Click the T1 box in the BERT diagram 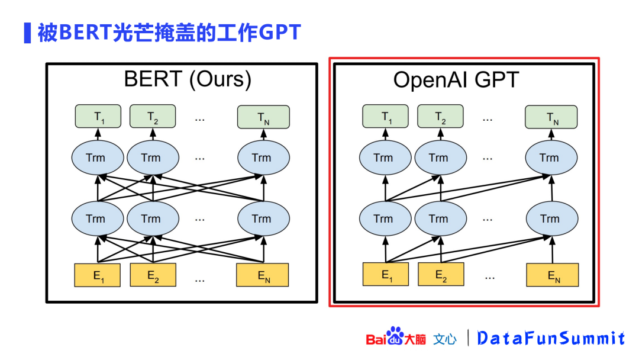click(x=98, y=116)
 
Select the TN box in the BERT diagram click(x=263, y=117)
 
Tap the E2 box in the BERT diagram click(x=153, y=275)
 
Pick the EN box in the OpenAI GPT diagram click(x=552, y=275)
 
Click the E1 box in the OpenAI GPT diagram click(x=386, y=275)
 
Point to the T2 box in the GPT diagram click(x=441, y=116)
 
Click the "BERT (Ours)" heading click(x=188, y=79)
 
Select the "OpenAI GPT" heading click(x=456, y=80)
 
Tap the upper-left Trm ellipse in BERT click(x=96, y=157)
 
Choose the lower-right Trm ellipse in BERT click(x=263, y=218)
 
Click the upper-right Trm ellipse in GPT click(x=550, y=157)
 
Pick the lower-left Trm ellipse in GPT click(x=385, y=218)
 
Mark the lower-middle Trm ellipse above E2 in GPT click(x=440, y=218)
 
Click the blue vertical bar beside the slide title click(x=27, y=33)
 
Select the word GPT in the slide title click(x=280, y=33)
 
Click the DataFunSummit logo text click(x=551, y=338)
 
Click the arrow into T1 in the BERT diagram click(x=98, y=134)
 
